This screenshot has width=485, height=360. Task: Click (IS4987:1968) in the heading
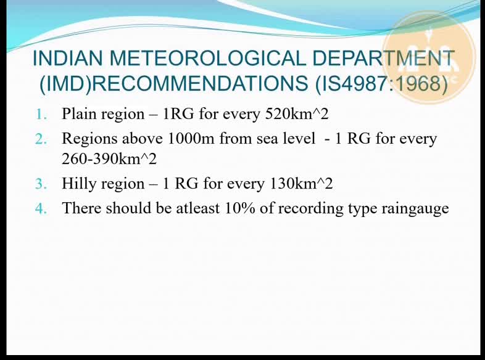point(381,83)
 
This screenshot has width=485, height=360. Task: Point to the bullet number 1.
point(41,114)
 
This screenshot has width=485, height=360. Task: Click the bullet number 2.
point(41,139)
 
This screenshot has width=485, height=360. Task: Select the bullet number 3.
point(41,184)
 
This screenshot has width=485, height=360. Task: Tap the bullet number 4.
point(41,208)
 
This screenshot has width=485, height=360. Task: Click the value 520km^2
point(297,113)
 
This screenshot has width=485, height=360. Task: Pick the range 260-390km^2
point(109,159)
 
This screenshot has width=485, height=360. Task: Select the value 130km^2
point(301,183)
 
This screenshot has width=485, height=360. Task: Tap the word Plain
point(79,113)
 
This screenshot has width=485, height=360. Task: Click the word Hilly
point(79,184)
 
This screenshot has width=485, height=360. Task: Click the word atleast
point(197,208)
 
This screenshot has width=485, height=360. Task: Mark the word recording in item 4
point(310,208)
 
